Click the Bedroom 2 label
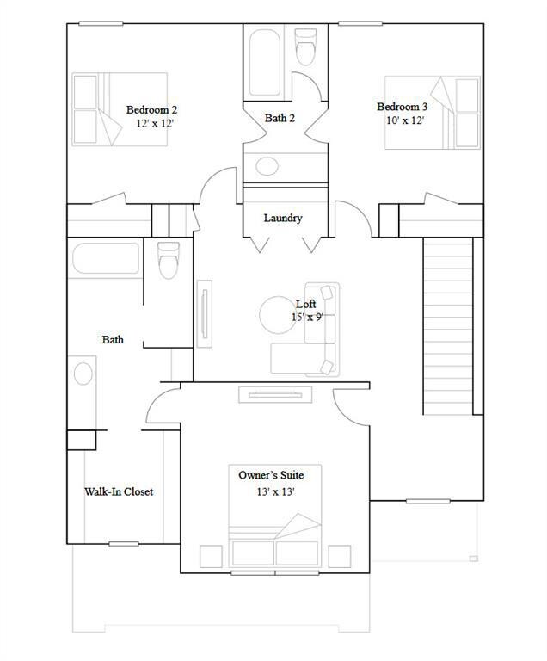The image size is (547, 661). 151,109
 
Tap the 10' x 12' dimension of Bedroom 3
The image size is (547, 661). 405,120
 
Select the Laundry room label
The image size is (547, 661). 283,218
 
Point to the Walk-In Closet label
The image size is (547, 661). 119,491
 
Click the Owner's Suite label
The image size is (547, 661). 271,474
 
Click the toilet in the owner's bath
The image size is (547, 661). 168,260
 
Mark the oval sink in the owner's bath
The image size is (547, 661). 83,374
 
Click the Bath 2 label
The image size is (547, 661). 280,118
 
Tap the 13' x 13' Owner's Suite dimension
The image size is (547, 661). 276,491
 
